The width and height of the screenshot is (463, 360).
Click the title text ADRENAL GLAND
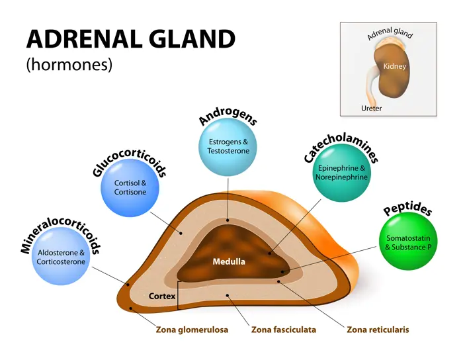130,39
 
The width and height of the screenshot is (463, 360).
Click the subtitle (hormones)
69,65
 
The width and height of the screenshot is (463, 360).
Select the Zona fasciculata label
284,329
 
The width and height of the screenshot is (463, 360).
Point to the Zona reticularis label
378,329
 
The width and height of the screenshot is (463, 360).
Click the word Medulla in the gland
229,261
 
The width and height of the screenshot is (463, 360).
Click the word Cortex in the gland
162,296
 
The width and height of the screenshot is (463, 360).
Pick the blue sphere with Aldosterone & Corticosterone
61,256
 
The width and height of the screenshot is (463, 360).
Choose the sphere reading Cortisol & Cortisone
130,187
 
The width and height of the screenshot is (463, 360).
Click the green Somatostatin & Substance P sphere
408,242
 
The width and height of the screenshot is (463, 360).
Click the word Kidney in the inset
394,66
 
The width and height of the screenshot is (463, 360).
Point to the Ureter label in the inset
372,108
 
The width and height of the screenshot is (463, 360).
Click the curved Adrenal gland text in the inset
390,33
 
